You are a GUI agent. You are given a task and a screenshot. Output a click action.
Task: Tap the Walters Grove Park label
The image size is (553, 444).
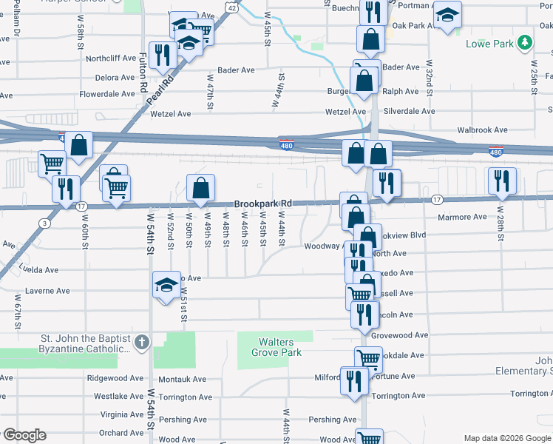click(x=276, y=347)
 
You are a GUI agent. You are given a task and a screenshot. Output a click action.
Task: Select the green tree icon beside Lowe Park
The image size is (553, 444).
click(x=525, y=43)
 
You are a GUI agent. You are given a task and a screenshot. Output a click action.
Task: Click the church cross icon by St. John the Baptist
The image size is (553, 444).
click(x=143, y=343)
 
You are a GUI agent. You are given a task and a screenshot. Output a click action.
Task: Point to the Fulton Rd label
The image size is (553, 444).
click(x=143, y=72)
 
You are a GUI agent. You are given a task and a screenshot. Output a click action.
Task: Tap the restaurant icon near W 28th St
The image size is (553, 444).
click(x=502, y=181)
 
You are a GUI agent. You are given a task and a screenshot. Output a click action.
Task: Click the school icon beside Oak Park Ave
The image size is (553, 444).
click(x=447, y=15)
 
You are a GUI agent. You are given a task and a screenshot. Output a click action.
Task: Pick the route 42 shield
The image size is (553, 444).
click(x=232, y=7)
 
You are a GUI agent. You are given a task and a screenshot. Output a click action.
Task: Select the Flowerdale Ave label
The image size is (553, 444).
click(x=106, y=95)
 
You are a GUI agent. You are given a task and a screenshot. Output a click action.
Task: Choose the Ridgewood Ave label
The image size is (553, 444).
click(x=112, y=377)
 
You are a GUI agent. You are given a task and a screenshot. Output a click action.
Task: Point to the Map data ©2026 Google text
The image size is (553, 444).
click(x=506, y=439)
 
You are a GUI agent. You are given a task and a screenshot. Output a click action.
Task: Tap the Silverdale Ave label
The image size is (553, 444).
click(x=408, y=111)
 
